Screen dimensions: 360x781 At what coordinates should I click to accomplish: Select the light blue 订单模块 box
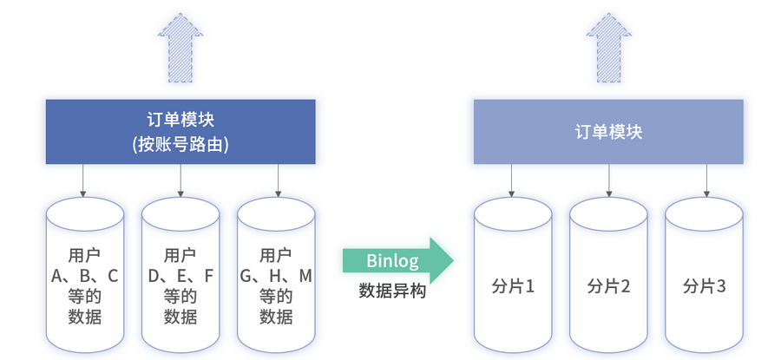coord(608,132)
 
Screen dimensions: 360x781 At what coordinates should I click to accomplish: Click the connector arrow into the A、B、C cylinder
coord(84,180)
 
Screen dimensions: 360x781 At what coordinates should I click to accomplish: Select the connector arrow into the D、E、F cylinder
coord(180,180)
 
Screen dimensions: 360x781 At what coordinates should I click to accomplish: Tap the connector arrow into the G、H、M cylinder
coord(278,180)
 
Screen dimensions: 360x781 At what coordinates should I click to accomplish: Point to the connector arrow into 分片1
coord(512,180)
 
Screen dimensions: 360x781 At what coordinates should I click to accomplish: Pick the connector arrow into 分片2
coord(608,180)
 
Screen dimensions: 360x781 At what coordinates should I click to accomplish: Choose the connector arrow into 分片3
coord(705,180)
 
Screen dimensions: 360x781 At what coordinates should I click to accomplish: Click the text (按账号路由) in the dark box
coord(180,145)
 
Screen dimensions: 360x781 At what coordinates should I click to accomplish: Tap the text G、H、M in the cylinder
coord(276,276)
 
